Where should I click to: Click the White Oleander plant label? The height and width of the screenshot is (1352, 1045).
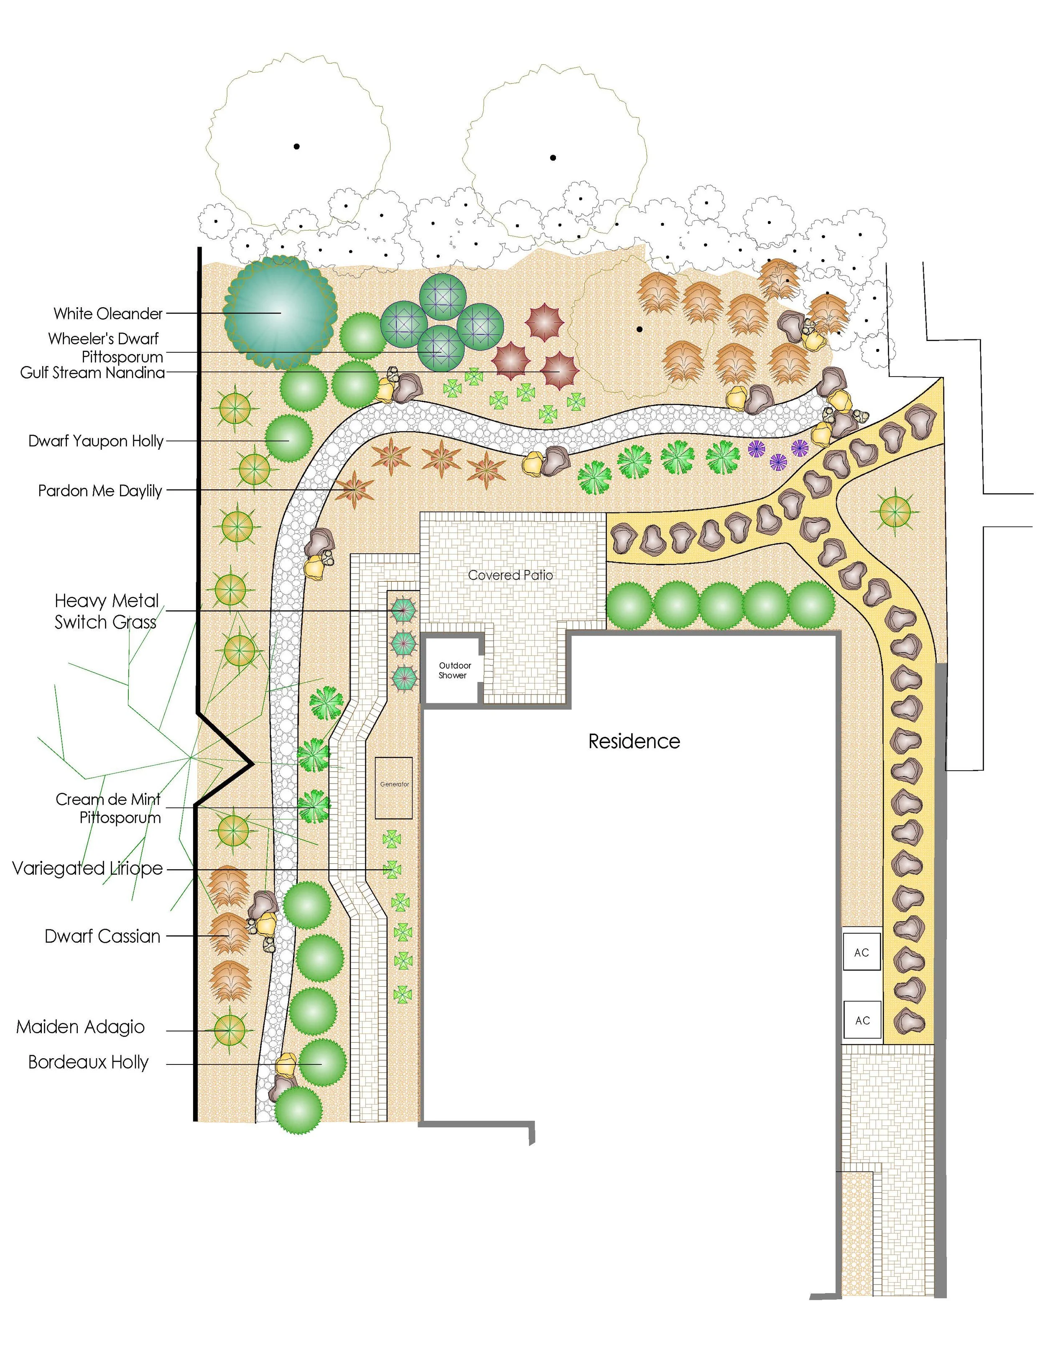pos(108,314)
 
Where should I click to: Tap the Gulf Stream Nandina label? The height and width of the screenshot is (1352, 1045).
pos(93,373)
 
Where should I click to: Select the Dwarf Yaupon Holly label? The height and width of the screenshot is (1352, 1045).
pos(96,441)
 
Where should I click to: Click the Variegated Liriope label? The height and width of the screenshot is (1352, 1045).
pos(87,868)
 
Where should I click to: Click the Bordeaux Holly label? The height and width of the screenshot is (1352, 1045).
pos(89,1062)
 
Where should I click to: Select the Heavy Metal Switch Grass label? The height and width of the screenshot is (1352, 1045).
pos(107,611)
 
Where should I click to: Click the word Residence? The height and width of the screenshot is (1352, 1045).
pos(634,742)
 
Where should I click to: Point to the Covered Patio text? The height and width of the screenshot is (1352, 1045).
pos(511,575)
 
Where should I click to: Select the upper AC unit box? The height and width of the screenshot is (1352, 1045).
pos(862,953)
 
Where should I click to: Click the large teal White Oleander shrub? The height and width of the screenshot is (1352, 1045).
pos(280,313)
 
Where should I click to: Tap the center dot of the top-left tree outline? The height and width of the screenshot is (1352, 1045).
pos(296,147)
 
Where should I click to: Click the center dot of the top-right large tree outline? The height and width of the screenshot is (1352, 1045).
pos(553,158)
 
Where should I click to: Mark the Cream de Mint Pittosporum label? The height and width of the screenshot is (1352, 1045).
pos(108,808)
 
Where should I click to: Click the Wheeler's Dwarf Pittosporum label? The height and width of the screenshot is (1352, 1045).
pos(105,347)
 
